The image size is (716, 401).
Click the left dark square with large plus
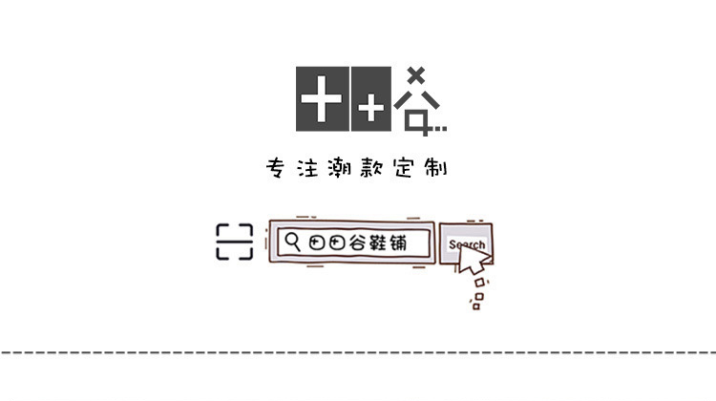point(322,98)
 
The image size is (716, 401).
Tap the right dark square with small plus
point(370,98)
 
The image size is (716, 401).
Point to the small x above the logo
point(415,74)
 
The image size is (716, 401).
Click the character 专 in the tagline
point(276,168)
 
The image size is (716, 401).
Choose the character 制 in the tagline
point(437,168)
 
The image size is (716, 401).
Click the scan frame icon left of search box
point(234,242)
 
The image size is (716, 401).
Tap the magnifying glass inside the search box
point(294,242)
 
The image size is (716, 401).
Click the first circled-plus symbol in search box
point(318,243)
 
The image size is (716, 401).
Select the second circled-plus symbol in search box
point(337,243)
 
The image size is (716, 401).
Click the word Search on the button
point(466,244)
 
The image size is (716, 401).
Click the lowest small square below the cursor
point(475,306)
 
